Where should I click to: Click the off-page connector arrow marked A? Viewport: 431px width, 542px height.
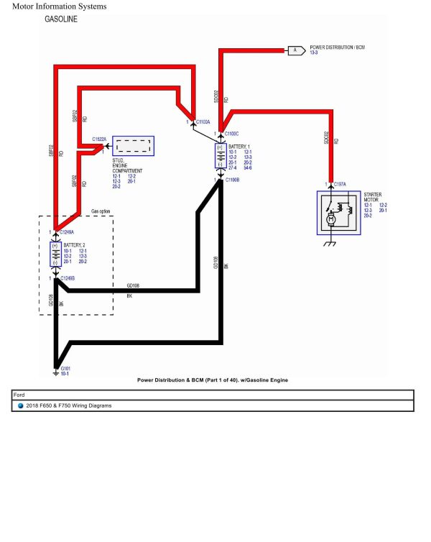coord(295,50)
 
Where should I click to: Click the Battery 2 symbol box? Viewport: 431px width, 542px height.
coord(55,254)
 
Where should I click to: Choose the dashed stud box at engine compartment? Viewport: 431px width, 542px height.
coord(133,147)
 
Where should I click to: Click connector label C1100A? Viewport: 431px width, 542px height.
coord(203,123)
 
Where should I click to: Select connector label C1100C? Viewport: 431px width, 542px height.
coord(232,134)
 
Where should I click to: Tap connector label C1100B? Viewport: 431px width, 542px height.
coord(232,180)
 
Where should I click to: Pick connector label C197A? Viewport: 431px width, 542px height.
coord(340,185)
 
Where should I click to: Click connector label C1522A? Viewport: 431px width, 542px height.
coord(99,139)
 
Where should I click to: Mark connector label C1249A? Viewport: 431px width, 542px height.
coord(67,232)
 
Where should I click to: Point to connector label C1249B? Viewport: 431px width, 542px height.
coord(67,278)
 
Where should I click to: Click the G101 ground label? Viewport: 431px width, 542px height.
coord(65,368)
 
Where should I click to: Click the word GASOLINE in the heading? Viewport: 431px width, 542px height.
coord(62,19)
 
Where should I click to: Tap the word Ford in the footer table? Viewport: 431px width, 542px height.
coord(19,395)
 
